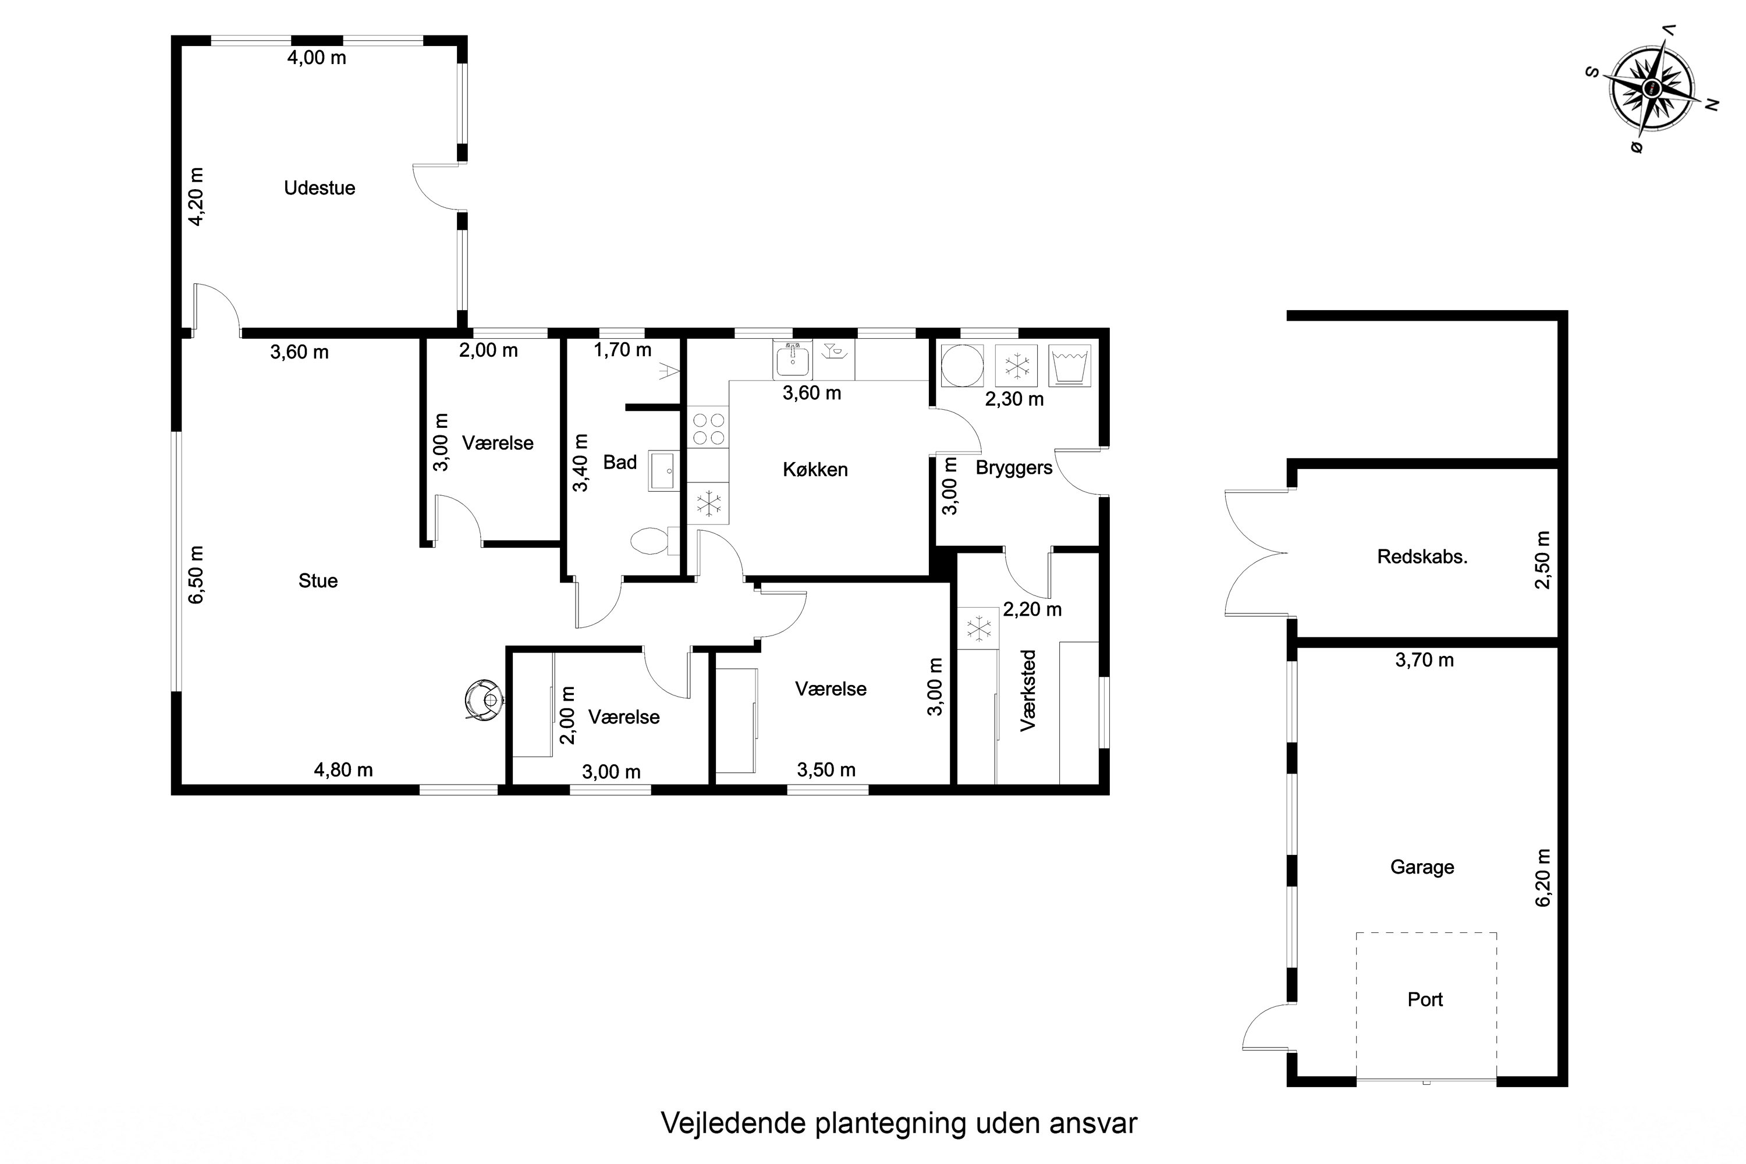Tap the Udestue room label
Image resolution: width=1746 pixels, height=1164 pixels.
(x=319, y=188)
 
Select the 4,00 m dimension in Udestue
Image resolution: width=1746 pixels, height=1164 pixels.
(x=317, y=58)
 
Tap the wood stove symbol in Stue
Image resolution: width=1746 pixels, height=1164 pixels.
(x=484, y=700)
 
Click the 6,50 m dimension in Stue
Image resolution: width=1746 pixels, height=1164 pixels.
(x=196, y=574)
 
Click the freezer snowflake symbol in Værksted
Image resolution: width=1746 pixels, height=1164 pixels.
(x=978, y=629)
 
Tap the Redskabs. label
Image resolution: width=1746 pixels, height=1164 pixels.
(x=1422, y=557)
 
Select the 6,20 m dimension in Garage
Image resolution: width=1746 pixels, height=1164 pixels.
(x=1543, y=878)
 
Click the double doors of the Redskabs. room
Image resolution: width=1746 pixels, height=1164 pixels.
(x=1256, y=553)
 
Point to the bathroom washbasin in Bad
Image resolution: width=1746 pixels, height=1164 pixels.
(x=662, y=471)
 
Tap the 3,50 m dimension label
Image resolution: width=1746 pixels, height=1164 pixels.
(x=826, y=770)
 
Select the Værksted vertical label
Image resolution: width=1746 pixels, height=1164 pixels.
(x=1028, y=690)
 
